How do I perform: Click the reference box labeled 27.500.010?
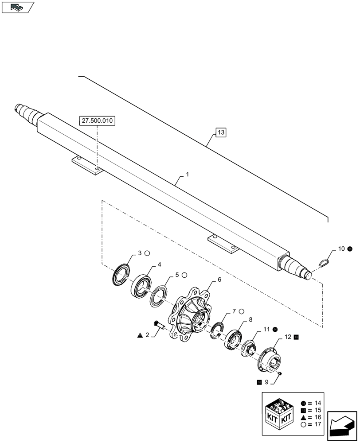(x=97, y=120)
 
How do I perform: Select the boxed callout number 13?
(x=221, y=132)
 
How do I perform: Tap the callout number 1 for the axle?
(x=188, y=175)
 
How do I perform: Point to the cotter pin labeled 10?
(x=325, y=262)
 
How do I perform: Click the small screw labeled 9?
(x=280, y=374)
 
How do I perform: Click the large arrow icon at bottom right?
(x=342, y=426)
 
